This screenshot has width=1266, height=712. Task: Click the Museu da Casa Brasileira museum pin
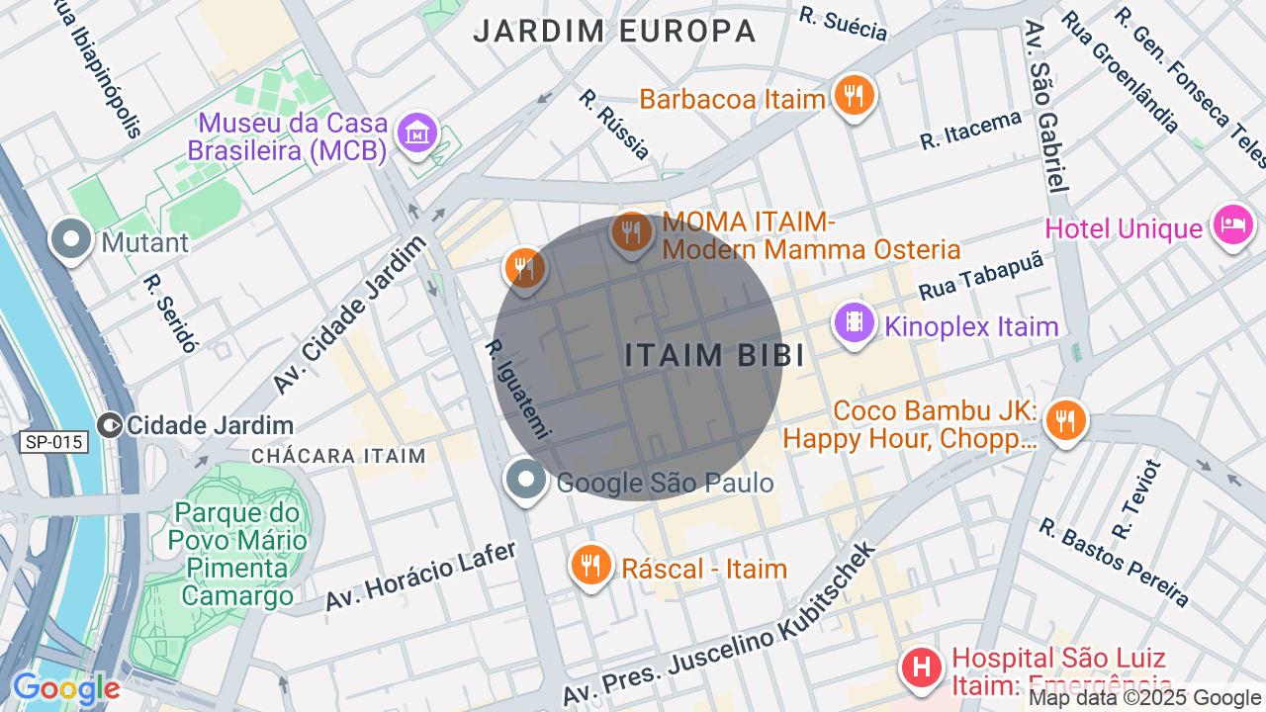point(416,133)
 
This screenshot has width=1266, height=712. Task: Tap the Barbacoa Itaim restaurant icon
point(854,96)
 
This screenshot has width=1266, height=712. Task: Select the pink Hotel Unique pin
point(1232,226)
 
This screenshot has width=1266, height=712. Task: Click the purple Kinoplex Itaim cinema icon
point(855,323)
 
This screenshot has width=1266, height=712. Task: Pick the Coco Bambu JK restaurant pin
point(1065,421)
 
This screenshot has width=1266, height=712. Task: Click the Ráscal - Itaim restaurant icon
point(591,566)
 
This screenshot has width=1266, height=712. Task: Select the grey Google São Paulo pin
point(525,480)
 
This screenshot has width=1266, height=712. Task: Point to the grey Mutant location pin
point(71,239)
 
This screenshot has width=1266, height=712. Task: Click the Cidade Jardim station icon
point(110,425)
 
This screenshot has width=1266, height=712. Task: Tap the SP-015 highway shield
point(52,442)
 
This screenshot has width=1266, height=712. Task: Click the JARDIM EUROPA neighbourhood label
point(614,31)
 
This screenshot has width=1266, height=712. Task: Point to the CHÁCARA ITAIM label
point(338,456)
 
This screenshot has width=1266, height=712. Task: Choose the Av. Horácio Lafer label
point(420,577)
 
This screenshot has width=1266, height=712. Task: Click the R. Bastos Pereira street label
point(1113,561)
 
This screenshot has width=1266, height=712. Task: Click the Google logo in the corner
point(65,689)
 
